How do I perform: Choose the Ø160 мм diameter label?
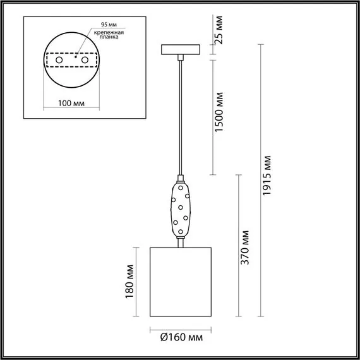[x=182, y=338]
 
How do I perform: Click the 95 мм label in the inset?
[x=98, y=27]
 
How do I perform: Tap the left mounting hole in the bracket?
[x=59, y=59]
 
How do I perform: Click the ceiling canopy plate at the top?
[x=181, y=49]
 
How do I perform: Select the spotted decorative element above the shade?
[x=181, y=208]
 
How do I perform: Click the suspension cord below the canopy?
[x=181, y=114]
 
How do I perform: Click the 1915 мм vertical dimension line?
[x=260, y=180]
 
